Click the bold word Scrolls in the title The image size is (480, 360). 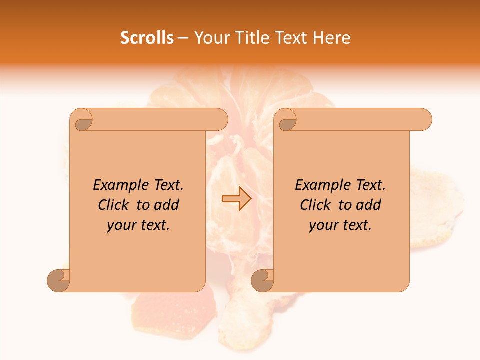click(x=147, y=37)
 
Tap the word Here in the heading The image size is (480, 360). click(x=332, y=37)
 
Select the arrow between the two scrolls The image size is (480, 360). click(x=236, y=199)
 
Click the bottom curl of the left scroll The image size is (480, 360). click(x=59, y=281)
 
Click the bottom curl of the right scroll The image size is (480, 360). click(x=262, y=281)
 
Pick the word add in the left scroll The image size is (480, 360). click(x=167, y=205)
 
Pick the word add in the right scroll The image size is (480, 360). click(x=369, y=205)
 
